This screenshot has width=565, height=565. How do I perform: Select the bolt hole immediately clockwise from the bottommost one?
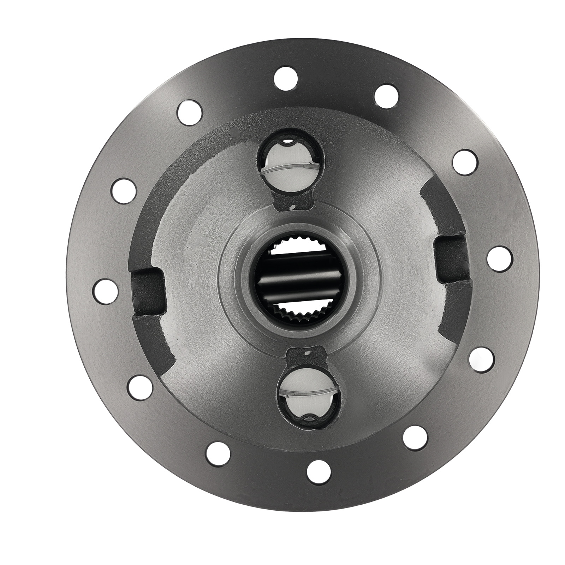pos(218,454)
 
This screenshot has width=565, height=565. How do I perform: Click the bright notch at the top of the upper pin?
pos(288,143)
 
